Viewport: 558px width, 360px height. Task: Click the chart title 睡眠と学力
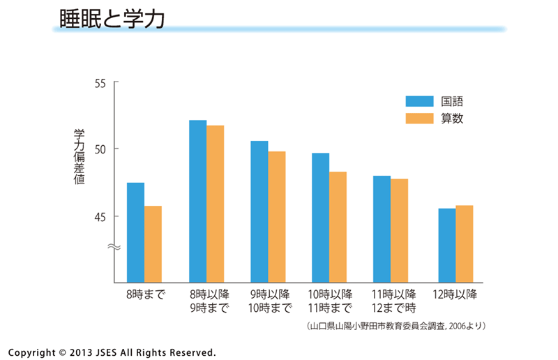pyautogui.click(x=108, y=19)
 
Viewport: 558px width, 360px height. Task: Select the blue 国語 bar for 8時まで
pyautogui.click(x=135, y=232)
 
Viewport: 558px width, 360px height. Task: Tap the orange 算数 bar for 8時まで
pyautogui.click(x=153, y=244)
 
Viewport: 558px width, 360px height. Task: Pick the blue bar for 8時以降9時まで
pyautogui.click(x=197, y=201)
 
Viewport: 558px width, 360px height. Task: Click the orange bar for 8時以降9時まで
pyautogui.click(x=215, y=204)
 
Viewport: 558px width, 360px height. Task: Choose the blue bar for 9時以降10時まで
pyautogui.click(x=259, y=211)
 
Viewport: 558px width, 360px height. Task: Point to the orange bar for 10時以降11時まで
pyautogui.click(x=338, y=227)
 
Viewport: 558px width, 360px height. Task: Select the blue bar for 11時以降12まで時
pyautogui.click(x=382, y=229)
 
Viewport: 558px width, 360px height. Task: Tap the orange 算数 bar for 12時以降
pyautogui.click(x=464, y=243)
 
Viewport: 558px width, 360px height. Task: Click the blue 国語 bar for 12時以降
pyautogui.click(x=446, y=245)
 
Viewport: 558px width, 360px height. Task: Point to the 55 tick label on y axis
pyautogui.click(x=100, y=83)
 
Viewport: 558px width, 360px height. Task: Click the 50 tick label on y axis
pyautogui.click(x=100, y=149)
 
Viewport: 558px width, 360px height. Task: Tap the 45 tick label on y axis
pyautogui.click(x=100, y=216)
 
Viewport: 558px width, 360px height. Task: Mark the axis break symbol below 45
pyautogui.click(x=114, y=247)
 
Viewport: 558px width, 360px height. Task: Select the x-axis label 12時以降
pyautogui.click(x=455, y=294)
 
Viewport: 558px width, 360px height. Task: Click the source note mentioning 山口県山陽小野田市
pyautogui.click(x=395, y=326)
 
